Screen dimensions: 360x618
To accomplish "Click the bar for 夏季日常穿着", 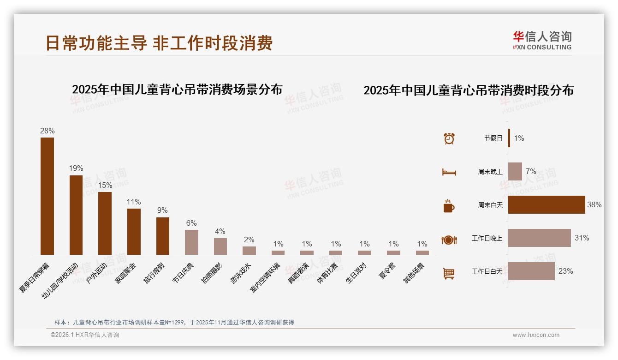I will tap(47, 196).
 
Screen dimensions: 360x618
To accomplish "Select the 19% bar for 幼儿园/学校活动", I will tap(76, 215).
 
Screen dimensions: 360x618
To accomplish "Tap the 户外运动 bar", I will tap(105, 223).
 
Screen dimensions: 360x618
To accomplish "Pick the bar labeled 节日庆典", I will tap(191, 242).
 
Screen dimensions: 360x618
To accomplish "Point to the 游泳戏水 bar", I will tap(249, 250).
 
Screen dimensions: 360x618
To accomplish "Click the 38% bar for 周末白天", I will tap(547, 204).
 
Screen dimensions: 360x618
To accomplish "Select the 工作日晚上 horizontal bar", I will tap(539, 238).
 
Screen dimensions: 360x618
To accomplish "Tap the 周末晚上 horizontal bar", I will tap(515, 171).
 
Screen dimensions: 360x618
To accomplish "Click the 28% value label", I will tap(47, 131).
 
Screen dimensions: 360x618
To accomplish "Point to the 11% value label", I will tap(134, 202).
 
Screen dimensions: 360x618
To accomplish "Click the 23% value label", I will tap(565, 271).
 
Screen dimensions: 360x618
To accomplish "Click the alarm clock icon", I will tap(449, 138).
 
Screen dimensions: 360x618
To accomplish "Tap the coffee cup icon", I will tap(449, 206).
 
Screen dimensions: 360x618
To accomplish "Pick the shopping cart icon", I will tap(449, 273).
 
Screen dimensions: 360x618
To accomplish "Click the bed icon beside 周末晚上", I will tap(449, 172).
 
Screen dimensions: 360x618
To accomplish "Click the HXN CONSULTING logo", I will tap(542, 41).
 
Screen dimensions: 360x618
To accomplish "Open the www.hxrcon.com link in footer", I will tap(536, 335).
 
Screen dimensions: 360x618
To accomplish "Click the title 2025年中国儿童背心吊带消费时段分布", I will tap(469, 90).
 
